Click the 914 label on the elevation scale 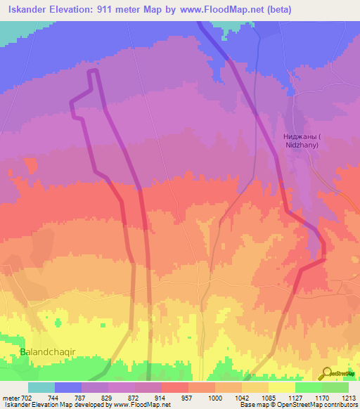coord(161,397)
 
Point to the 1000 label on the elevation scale coord(214,397)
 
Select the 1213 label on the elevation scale coord(349,397)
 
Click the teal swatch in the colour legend coord(41,387)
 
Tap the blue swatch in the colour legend coord(68,387)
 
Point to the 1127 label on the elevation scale coord(295,397)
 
